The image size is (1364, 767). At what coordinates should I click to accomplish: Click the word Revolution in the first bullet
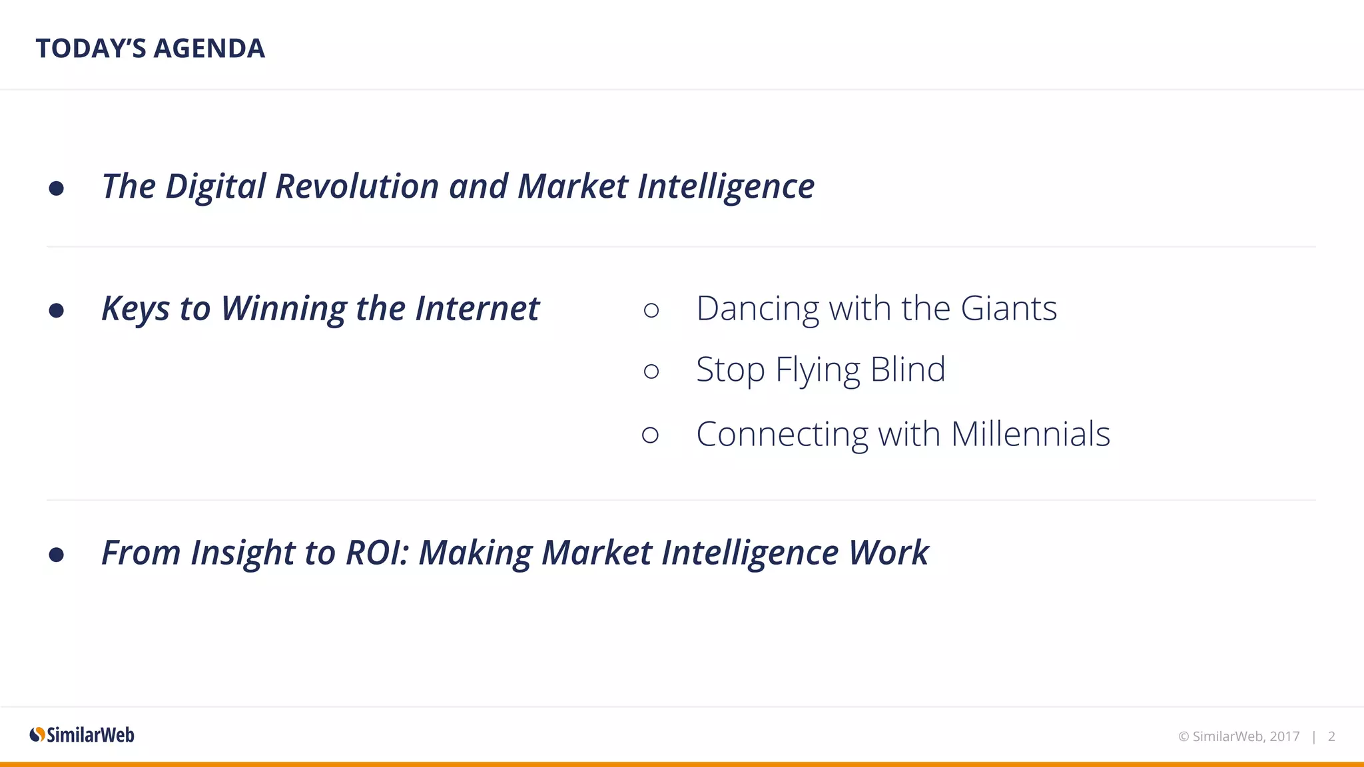pos(356,186)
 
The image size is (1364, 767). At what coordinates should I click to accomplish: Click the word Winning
pos(283,309)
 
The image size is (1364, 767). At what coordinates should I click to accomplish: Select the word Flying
pos(818,370)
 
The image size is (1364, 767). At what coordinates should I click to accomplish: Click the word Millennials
pos(1030,434)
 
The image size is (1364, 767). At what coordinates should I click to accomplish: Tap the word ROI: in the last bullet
pos(377,553)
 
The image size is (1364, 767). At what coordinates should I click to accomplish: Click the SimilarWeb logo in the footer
pos(82,735)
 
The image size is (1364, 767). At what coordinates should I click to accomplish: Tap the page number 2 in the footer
pos(1331,736)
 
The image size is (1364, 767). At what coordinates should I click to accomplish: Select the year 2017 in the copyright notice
pos(1284,736)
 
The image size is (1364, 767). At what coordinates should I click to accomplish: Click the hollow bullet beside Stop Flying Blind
pos(651,371)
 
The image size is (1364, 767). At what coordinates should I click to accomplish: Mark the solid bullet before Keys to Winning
pos(57,310)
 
